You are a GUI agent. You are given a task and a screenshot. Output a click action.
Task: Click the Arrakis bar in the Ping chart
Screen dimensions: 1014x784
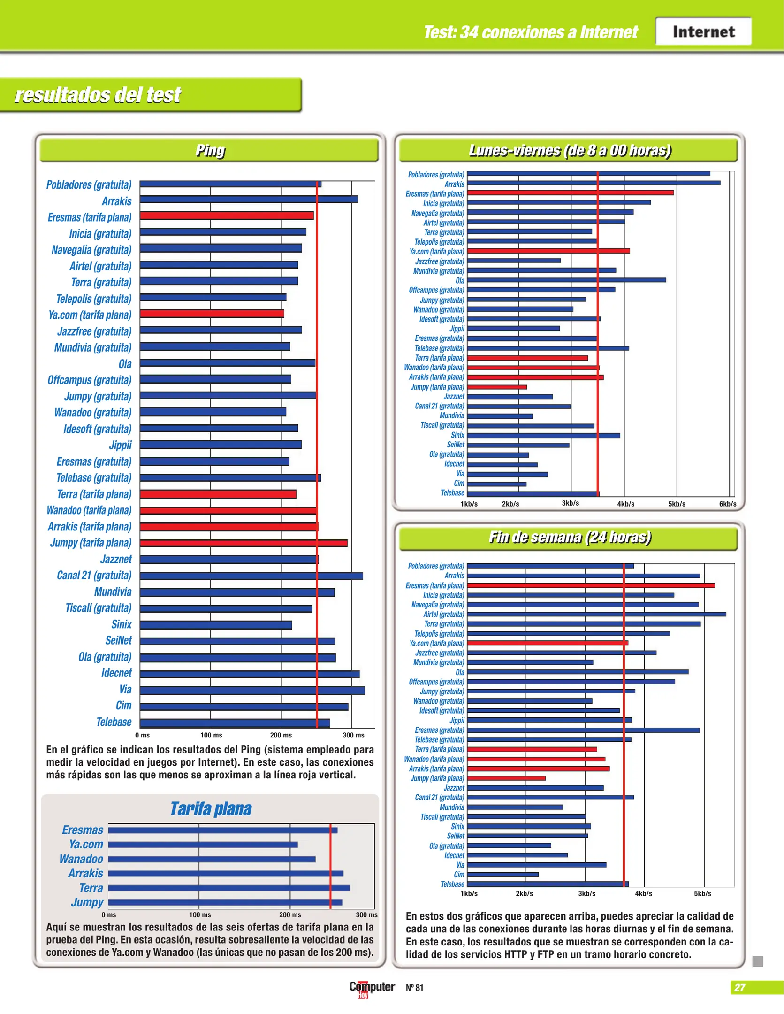point(249,199)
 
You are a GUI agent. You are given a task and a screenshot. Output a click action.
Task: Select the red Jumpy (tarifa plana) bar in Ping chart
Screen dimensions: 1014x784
point(244,543)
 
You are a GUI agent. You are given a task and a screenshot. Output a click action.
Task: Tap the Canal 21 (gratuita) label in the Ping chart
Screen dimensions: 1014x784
point(94,576)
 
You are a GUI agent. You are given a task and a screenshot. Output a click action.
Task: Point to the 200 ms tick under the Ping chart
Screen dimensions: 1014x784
point(281,735)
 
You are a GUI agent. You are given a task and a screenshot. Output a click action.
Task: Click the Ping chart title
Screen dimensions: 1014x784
point(210,150)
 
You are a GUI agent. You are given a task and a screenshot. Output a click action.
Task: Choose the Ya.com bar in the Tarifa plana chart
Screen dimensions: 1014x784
point(203,845)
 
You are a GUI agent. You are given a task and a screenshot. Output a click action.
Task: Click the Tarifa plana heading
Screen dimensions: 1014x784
point(211,809)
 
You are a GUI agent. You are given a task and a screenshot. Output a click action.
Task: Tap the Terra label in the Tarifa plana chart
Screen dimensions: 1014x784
point(91,888)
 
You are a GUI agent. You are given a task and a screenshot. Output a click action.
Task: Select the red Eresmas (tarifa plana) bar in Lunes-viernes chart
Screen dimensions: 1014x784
point(570,192)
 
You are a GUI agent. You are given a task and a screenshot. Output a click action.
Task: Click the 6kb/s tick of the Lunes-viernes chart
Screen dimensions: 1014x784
point(727,504)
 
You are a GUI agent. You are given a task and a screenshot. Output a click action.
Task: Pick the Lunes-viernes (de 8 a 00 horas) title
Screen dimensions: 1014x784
point(570,150)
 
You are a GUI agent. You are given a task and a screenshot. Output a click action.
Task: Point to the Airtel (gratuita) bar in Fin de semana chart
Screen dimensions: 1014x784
point(596,614)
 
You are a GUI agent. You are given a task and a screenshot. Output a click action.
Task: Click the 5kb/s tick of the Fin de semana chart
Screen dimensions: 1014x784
point(702,894)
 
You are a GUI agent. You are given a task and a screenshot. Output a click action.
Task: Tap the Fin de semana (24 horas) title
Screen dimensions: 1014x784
point(570,537)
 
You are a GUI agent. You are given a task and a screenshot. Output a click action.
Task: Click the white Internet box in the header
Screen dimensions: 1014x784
point(703,31)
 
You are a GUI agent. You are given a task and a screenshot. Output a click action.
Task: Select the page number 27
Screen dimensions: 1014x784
point(739,988)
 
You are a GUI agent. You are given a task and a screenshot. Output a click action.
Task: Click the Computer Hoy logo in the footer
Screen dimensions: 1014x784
point(372,988)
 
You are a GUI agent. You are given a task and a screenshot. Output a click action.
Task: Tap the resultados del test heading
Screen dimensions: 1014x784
point(98,95)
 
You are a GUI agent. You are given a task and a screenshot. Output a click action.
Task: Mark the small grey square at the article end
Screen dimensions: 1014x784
point(757,961)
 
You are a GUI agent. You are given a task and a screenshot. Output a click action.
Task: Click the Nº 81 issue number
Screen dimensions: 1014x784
point(414,988)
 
